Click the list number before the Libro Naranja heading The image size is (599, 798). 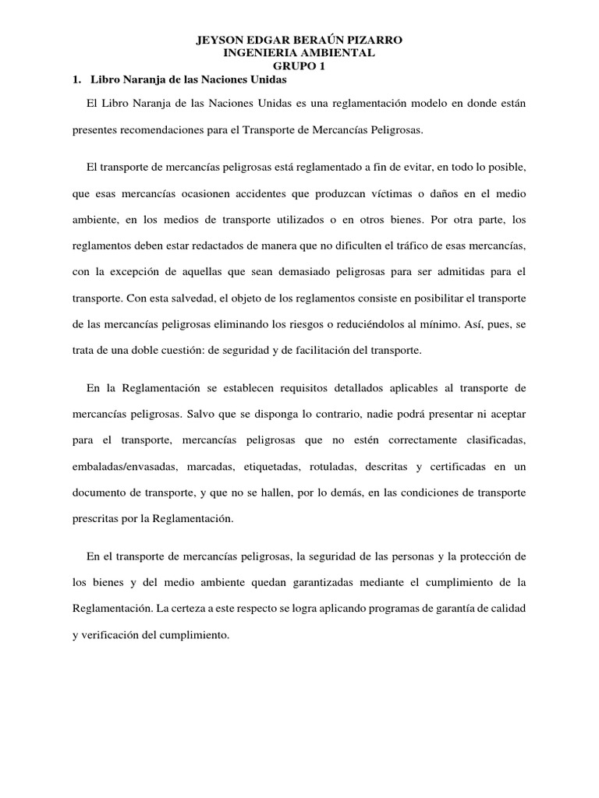(x=76, y=79)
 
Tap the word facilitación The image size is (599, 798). (x=314, y=350)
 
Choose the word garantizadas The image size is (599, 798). (x=310, y=582)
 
